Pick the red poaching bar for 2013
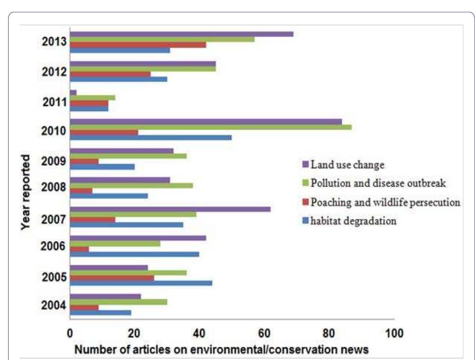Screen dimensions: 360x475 tap(138, 45)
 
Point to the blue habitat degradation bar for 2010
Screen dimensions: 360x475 tap(151, 137)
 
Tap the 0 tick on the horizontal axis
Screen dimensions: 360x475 tap(70, 334)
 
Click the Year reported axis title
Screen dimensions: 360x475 tap(26, 193)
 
